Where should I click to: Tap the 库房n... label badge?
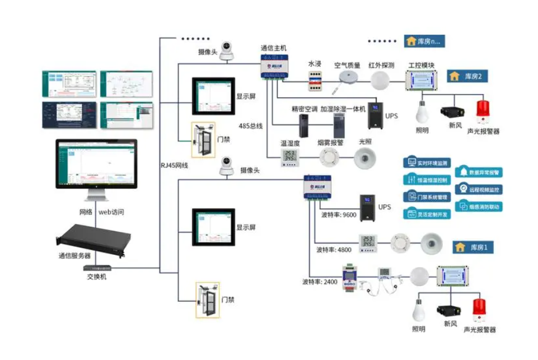(424, 41)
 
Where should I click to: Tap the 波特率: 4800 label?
(334, 250)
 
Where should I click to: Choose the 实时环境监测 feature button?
(428, 162)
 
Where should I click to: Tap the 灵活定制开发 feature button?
(428, 214)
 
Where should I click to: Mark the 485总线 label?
(250, 126)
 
